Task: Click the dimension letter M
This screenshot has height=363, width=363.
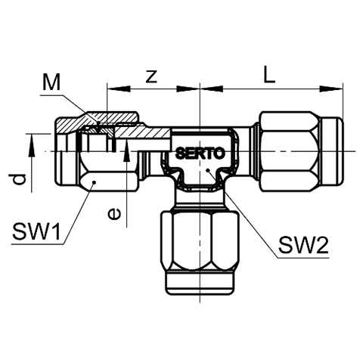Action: click(51, 82)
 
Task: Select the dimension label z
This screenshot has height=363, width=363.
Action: click(151, 76)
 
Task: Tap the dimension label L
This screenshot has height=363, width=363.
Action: click(269, 74)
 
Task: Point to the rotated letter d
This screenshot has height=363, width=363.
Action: click(17, 179)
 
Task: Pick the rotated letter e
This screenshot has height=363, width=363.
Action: click(114, 214)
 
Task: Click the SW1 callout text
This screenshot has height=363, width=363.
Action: click(37, 231)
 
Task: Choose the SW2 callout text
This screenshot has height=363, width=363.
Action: click(303, 246)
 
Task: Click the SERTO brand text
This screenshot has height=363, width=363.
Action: click(200, 153)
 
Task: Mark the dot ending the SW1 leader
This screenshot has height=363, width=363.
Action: click(94, 182)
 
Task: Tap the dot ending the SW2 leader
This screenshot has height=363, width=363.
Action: click(207, 170)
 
